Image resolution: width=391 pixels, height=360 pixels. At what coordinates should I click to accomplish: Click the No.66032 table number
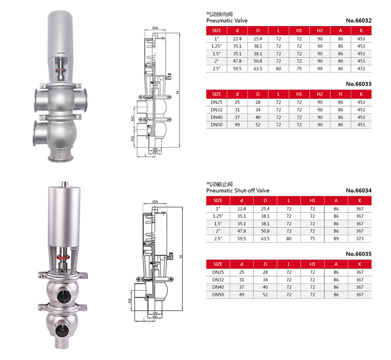tap(359, 21)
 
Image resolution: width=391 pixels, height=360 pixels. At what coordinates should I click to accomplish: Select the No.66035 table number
tap(359, 254)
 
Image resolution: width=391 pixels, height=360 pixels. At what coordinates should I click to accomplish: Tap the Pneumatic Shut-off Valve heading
tap(238, 191)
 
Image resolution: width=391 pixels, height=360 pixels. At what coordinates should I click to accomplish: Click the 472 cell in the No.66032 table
tap(361, 68)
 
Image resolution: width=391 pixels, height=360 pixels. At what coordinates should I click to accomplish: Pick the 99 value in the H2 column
tap(320, 68)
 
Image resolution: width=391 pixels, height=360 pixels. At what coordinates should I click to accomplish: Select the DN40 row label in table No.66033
tap(216, 117)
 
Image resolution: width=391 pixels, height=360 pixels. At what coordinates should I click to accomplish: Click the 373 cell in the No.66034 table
tap(360, 238)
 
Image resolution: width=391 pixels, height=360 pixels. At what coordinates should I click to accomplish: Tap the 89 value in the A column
tap(336, 238)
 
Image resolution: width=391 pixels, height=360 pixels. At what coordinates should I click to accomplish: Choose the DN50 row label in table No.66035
tap(218, 295)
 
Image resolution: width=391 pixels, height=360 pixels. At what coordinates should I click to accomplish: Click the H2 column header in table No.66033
tap(320, 94)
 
